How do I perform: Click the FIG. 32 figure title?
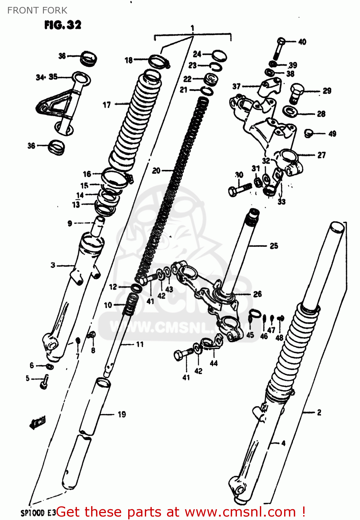[63, 25]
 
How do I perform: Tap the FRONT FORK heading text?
[37, 10]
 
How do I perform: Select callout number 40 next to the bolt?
[302, 42]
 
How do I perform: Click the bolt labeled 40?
[279, 49]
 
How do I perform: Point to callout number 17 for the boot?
[107, 104]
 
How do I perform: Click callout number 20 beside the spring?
[156, 171]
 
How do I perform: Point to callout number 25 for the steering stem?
[274, 246]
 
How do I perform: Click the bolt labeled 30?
[239, 189]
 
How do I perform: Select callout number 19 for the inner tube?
[122, 414]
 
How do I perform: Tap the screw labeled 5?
[44, 383]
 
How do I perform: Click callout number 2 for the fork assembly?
[319, 412]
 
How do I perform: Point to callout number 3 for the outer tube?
[53, 265]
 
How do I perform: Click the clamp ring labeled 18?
[158, 61]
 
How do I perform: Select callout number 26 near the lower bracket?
[257, 294]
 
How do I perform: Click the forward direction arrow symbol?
[37, 423]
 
